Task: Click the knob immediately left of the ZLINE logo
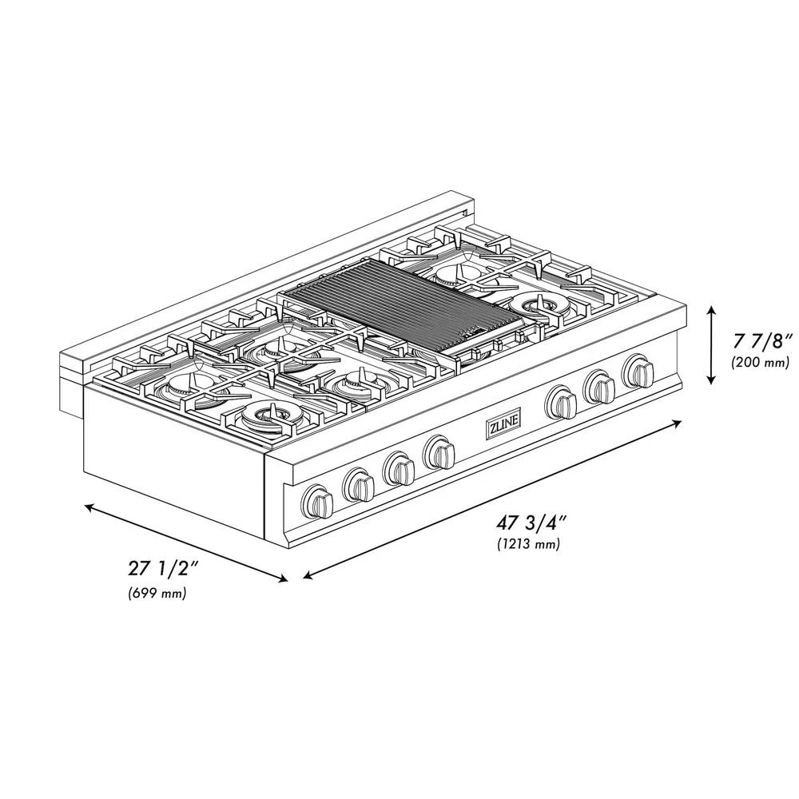pos(439,452)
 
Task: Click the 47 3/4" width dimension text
pos(531,523)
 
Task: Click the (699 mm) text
pos(157,593)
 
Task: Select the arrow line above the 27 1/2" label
pos(186,543)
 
